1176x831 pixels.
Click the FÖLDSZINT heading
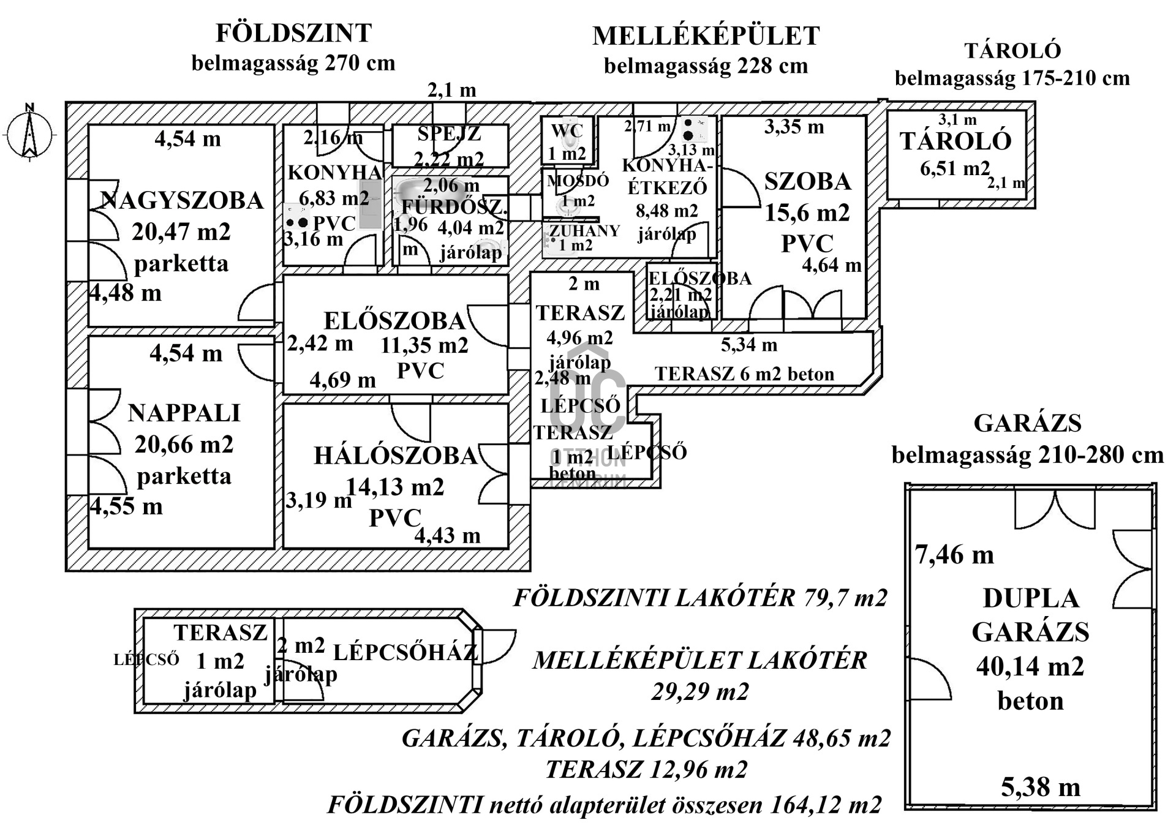click(x=293, y=33)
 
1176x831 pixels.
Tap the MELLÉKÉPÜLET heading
click(x=706, y=36)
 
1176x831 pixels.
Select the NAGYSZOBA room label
click(x=181, y=201)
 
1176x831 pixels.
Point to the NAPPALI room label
click(x=184, y=413)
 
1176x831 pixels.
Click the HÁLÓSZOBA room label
click(x=395, y=456)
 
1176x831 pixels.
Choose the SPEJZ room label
click(x=449, y=133)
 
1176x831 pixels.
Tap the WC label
click(x=567, y=131)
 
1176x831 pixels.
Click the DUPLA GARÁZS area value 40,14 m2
click(x=1030, y=666)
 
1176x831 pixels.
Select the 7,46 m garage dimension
click(x=954, y=555)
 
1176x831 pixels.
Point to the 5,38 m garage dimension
click(x=1040, y=787)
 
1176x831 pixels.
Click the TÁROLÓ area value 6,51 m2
click(x=955, y=168)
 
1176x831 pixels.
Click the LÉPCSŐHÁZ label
click(x=405, y=652)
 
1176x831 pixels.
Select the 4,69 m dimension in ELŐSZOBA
click(x=342, y=380)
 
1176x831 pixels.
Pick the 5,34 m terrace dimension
click(x=748, y=345)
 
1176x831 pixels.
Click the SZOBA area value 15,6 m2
click(x=807, y=212)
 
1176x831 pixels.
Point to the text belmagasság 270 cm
click(x=293, y=63)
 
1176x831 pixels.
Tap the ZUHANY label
click(x=584, y=231)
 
